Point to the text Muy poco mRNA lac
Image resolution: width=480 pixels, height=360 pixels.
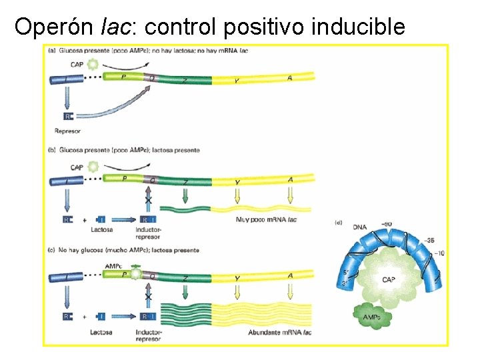265,219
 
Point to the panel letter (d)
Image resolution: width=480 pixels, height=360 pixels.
339,222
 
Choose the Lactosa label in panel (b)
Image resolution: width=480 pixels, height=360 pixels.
101,230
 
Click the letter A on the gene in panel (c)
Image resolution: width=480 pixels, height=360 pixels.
290,275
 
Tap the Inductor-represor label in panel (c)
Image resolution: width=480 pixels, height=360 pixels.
148,335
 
